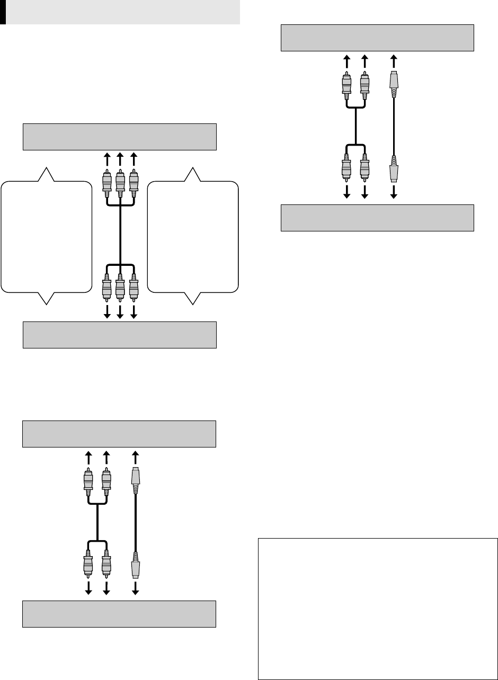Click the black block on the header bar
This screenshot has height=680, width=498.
[x=3, y=12]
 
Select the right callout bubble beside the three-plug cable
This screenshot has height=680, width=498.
[x=193, y=236]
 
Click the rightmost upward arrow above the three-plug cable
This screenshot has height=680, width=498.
[x=133, y=157]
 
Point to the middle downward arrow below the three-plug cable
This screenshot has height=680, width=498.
[x=120, y=311]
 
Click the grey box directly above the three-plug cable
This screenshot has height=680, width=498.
[x=120, y=137]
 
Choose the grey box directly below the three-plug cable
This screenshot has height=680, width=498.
[x=120, y=335]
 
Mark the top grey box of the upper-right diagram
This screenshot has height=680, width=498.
[x=377, y=38]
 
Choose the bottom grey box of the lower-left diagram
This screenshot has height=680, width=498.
[x=119, y=614]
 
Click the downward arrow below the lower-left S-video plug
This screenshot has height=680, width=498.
[x=136, y=588]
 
